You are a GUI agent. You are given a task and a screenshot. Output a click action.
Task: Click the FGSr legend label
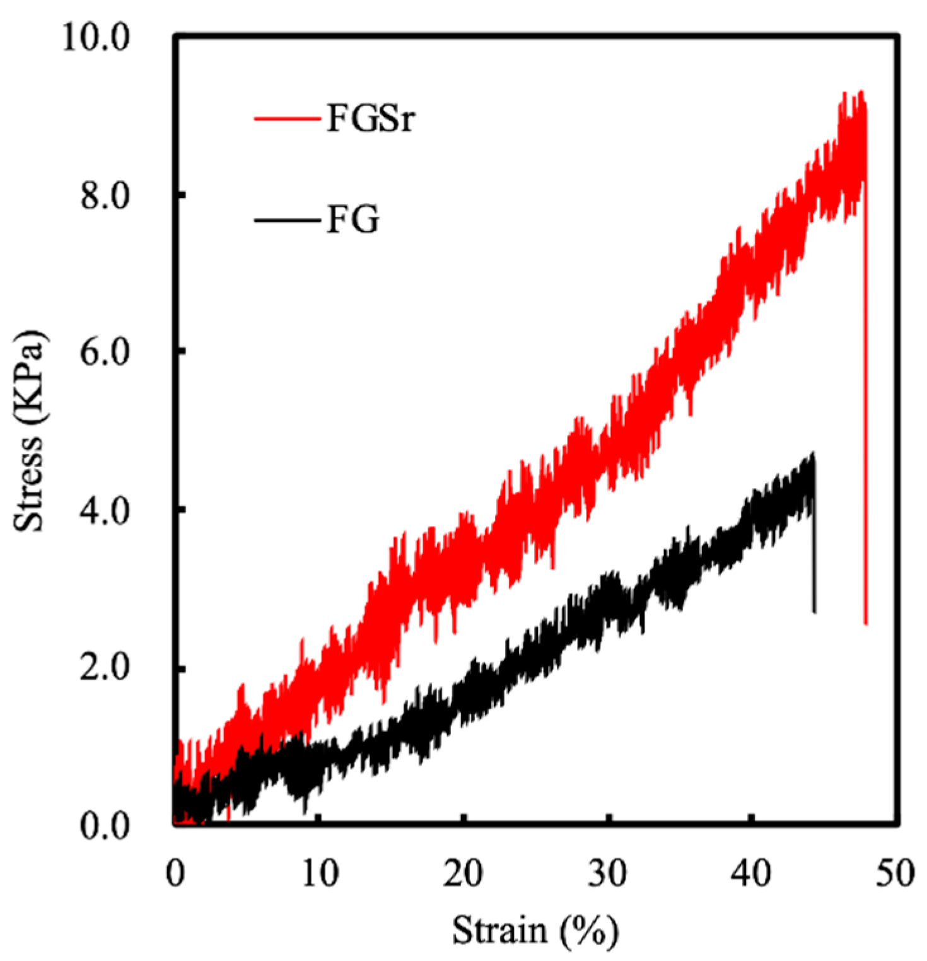point(371,118)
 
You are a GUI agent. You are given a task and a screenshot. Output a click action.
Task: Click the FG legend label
point(353,220)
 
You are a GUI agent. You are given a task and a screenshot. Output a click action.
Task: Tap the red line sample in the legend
point(287,118)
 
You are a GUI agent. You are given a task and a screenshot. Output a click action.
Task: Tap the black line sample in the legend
point(287,220)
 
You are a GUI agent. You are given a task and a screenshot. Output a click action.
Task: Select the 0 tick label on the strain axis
point(176,875)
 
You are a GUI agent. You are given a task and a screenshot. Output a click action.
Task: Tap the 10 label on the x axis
point(320,875)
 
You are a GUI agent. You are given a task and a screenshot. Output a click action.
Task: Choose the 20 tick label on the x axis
point(464,875)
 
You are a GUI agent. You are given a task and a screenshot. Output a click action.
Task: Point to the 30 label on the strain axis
point(609,875)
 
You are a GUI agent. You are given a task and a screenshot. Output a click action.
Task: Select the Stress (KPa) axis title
point(30,431)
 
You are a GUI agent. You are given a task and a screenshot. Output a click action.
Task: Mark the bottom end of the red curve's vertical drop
point(866,623)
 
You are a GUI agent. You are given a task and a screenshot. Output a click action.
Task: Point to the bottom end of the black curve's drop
point(814,611)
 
